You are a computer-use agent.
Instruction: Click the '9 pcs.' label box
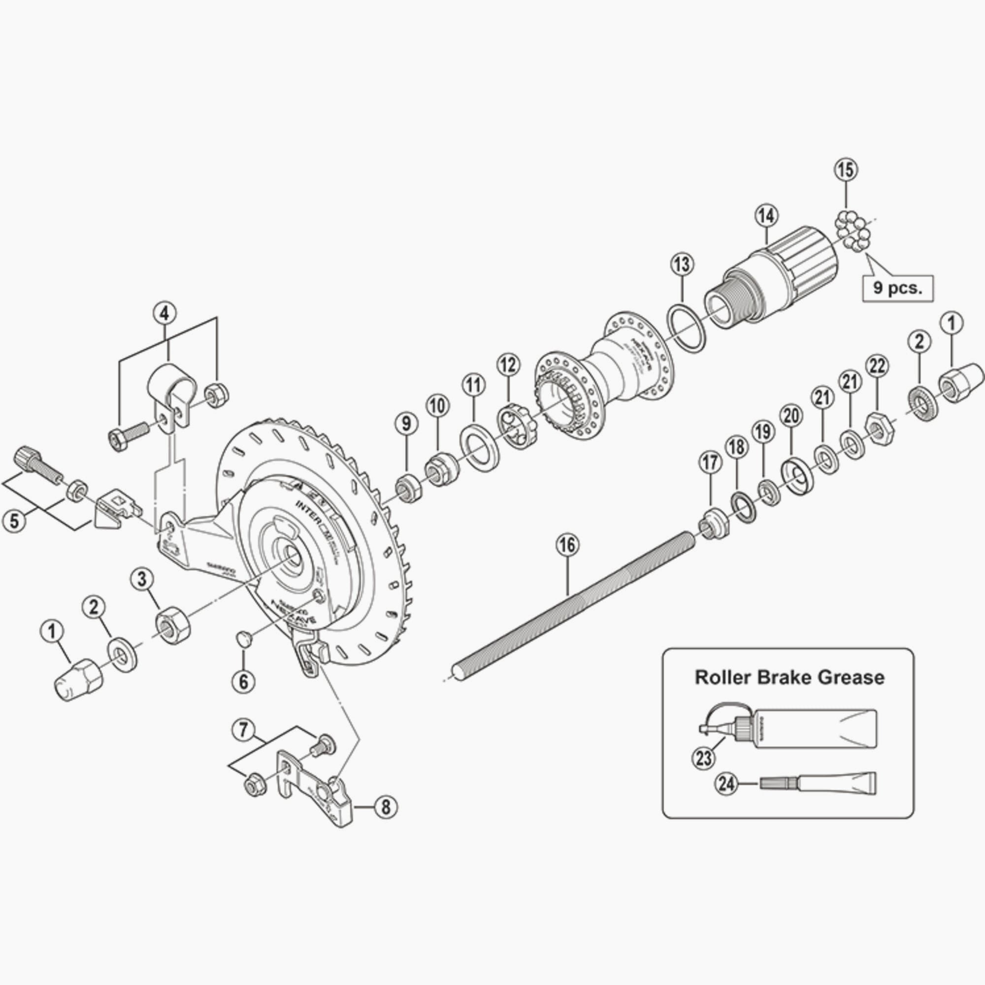pyautogui.click(x=897, y=289)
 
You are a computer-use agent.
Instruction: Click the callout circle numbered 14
pyautogui.click(x=767, y=216)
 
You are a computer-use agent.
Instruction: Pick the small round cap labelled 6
pyautogui.click(x=245, y=638)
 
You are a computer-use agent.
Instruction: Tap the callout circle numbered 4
pyautogui.click(x=164, y=313)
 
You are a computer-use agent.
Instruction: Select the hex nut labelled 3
pyautogui.click(x=173, y=627)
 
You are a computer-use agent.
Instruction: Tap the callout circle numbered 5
pyautogui.click(x=14, y=521)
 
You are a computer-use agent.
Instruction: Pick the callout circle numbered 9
pyautogui.click(x=406, y=424)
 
